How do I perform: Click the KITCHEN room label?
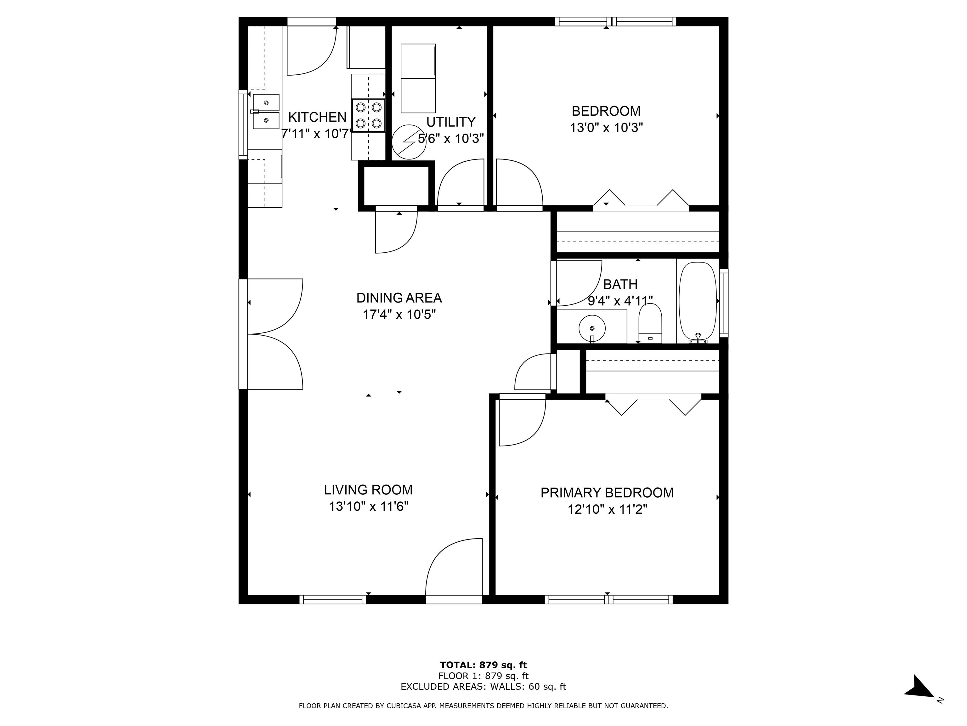(x=317, y=117)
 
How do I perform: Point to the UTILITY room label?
(x=451, y=122)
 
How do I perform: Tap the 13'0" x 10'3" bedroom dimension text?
(x=606, y=128)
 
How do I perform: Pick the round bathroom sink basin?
(x=592, y=328)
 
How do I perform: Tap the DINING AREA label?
(x=399, y=298)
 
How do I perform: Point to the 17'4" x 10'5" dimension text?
(x=399, y=315)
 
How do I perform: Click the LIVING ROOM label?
(x=368, y=490)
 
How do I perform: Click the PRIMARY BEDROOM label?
(x=607, y=493)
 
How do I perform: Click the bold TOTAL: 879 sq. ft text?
(x=483, y=665)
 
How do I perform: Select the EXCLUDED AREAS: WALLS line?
(x=483, y=687)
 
